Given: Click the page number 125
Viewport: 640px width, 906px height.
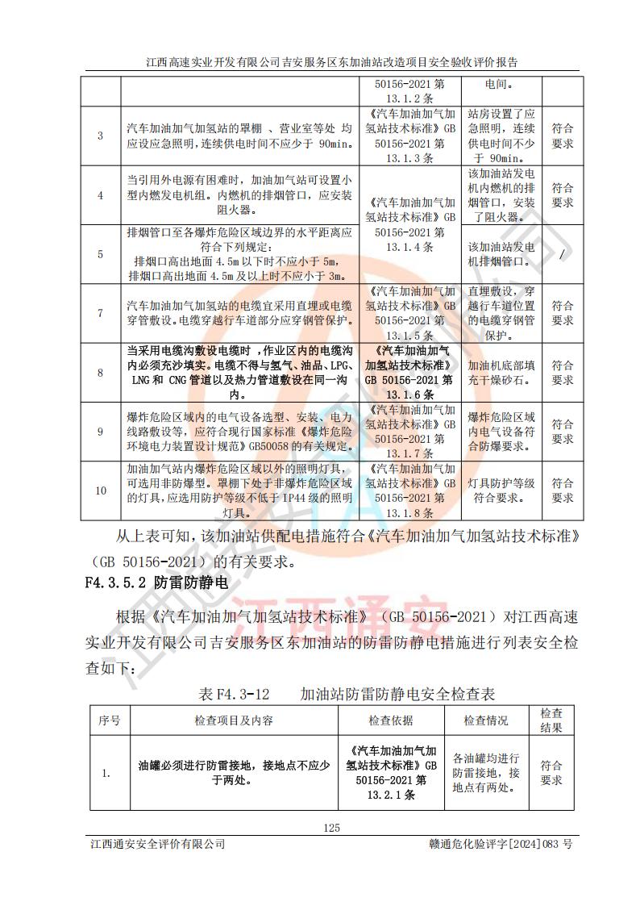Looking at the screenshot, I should coord(331,827).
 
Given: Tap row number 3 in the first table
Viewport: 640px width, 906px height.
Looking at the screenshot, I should coord(101,136).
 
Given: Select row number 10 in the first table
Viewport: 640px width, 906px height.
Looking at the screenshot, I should coord(101,491).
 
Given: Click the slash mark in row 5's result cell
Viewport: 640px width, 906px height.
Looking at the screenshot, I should coord(562,254).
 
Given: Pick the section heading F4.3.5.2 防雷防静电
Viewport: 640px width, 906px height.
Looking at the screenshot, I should coord(156,581).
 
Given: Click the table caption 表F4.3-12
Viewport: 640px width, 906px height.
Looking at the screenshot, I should coord(232,693).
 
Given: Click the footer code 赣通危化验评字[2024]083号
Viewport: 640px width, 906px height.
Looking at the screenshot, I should coord(502,844).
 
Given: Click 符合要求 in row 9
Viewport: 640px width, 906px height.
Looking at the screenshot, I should coord(562,432).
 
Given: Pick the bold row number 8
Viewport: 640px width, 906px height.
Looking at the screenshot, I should coord(101,373).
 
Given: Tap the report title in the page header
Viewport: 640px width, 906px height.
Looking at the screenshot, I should coord(320,61).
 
